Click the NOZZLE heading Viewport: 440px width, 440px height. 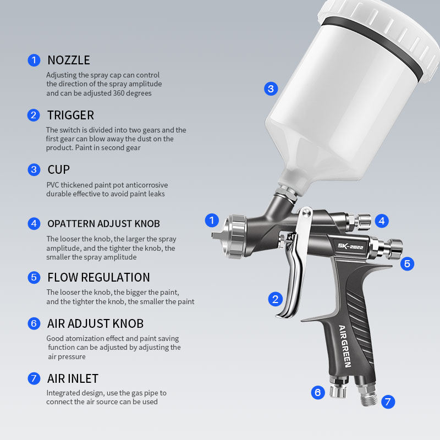68,60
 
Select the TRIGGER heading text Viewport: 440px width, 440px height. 70,115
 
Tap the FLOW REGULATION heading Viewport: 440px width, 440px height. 98,277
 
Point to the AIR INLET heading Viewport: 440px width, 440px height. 73,378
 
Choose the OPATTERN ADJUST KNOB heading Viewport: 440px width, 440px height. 103,223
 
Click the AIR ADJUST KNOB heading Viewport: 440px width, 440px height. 95,323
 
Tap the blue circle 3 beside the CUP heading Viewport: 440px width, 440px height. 34,169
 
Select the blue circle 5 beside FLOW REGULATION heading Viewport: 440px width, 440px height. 34,277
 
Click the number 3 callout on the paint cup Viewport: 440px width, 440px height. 270,88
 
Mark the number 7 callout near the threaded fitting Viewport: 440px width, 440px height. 388,402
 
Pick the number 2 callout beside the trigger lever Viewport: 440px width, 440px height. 275,299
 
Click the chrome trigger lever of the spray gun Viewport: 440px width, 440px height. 296,275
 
